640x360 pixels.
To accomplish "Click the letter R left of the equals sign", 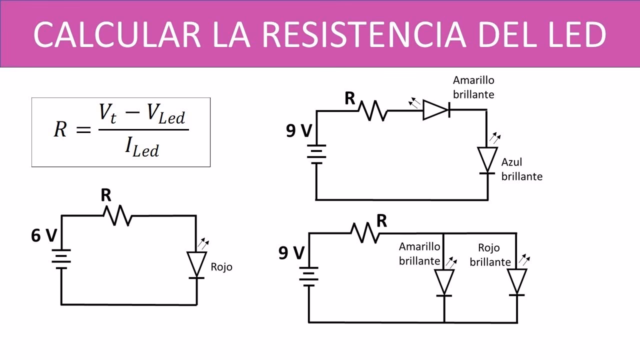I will point(60,130).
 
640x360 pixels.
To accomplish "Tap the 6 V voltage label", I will point(43,235).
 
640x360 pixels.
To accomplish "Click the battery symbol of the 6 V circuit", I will point(61,258).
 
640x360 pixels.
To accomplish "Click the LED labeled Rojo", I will point(196,264).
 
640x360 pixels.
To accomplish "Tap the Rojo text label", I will point(221,267).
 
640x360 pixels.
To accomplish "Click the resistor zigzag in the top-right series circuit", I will point(373,110).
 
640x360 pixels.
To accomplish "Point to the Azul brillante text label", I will point(521,169).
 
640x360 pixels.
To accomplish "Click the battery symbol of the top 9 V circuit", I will point(316,154).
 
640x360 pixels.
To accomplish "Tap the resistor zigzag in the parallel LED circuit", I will point(365,232).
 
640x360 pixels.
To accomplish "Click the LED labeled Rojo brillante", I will point(517,282).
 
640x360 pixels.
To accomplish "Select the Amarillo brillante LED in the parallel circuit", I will point(444,282).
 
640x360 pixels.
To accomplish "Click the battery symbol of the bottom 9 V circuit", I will point(308,276).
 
